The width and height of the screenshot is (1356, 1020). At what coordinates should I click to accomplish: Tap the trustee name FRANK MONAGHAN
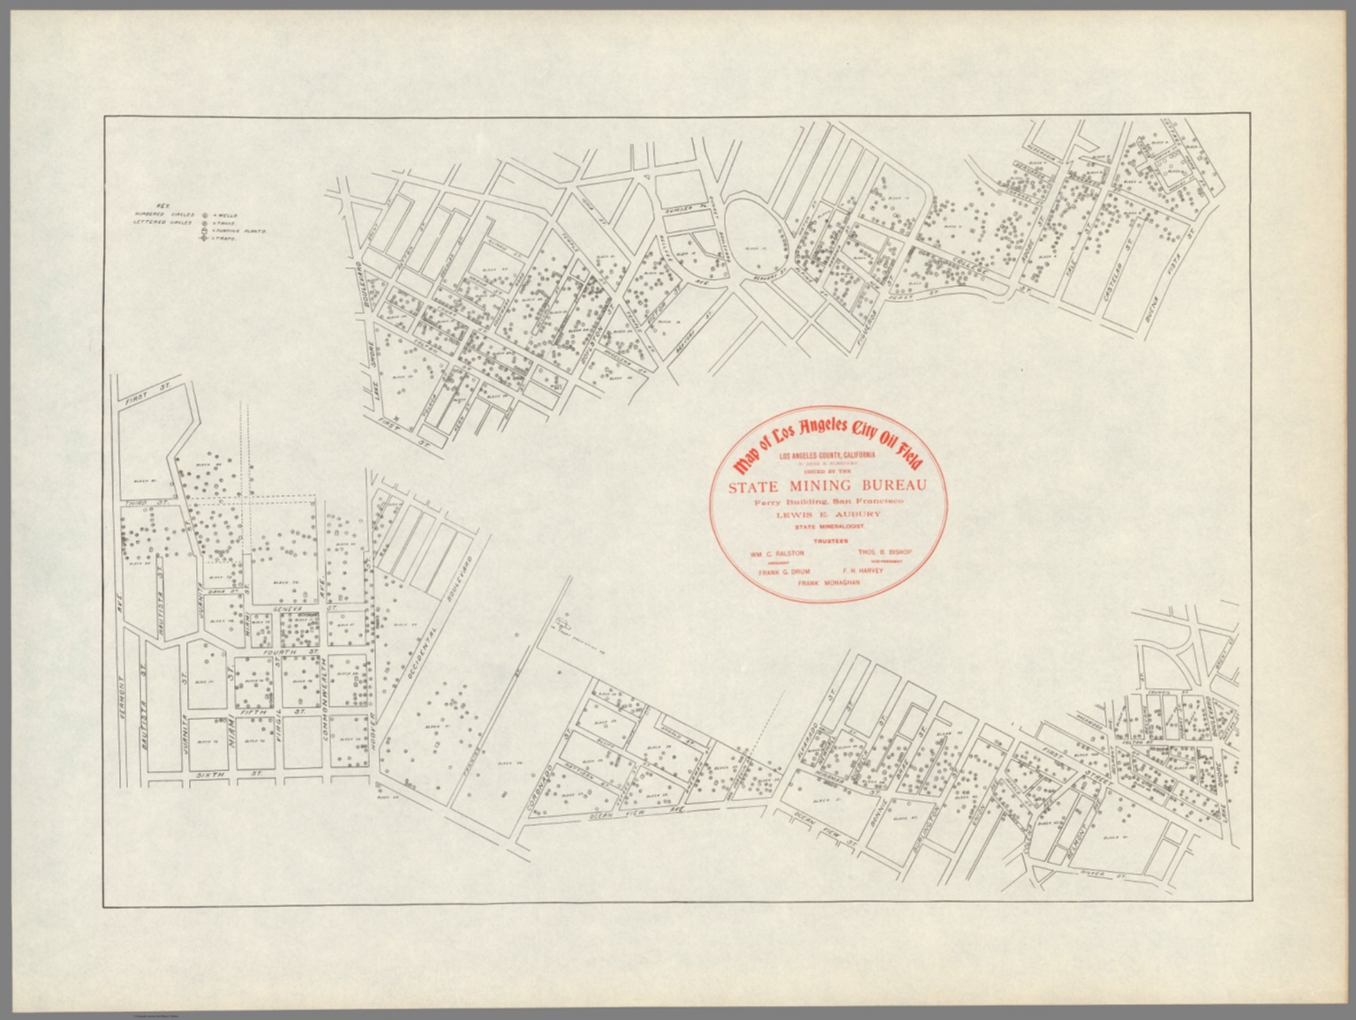pos(828,584)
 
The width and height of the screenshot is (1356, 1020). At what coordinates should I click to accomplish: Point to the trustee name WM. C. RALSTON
pos(777,554)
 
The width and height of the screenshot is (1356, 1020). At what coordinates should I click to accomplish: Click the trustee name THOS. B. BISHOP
pos(884,553)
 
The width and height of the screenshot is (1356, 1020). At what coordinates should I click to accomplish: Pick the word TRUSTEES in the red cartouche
pos(827,539)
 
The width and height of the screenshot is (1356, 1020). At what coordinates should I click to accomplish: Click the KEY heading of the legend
pos(162,204)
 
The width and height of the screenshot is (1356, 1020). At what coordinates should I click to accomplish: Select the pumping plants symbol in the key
pos(204,230)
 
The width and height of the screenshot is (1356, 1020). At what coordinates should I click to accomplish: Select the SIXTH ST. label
pos(208,774)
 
